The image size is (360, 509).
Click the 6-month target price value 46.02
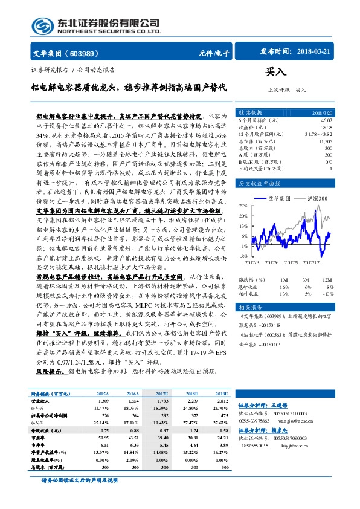tap(326, 121)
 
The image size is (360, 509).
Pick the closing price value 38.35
tap(326, 128)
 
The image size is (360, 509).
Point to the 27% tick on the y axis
tap(243, 206)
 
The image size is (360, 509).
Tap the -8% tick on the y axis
tap(243, 256)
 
